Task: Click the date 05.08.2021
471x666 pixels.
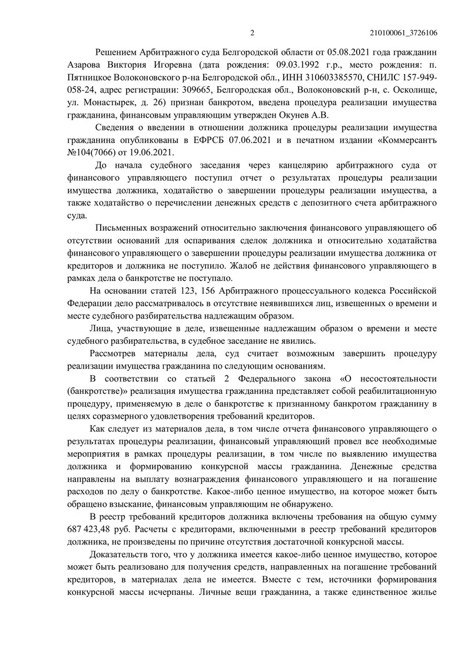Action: click(330, 52)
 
